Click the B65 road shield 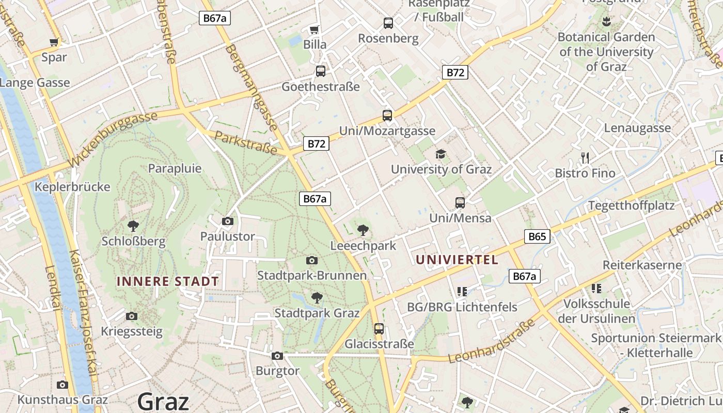point(537,236)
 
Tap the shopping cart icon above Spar point(54,42)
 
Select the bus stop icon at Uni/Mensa point(460,203)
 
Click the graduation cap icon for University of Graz point(441,154)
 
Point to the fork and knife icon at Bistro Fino point(585,157)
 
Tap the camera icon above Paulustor point(227,221)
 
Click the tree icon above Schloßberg point(133,226)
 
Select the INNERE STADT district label point(168,282)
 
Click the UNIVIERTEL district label point(457,260)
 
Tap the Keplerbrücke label point(72,186)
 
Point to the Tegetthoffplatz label point(632,205)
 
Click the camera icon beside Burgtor point(277,356)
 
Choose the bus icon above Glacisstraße point(379,328)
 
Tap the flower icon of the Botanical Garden point(606,22)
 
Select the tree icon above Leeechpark point(363,230)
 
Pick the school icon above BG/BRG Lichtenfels point(462,291)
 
